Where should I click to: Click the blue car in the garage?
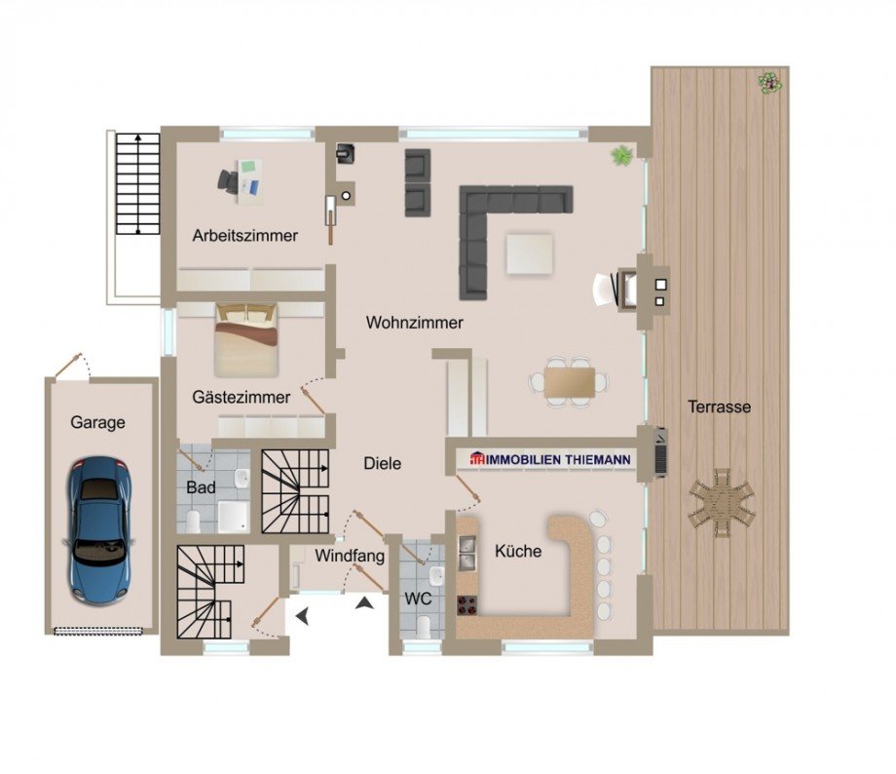coord(101,530)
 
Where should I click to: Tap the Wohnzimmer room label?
coord(414,323)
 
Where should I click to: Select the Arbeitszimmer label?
coord(245,236)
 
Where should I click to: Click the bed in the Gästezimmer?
coord(246,340)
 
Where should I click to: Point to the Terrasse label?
coord(719,407)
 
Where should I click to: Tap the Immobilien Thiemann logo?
coord(549,459)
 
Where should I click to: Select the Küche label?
coord(518,552)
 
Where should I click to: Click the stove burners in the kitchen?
coord(467,605)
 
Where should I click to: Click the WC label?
coord(418,600)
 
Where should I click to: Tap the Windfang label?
coord(349,556)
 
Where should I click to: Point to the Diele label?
coord(383,464)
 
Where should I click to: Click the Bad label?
coord(202,488)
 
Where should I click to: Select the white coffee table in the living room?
coord(529,254)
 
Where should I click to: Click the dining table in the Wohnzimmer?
coord(569,382)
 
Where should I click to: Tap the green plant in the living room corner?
coord(621,155)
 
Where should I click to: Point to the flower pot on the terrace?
coord(769,84)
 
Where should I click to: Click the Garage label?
coord(97,423)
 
